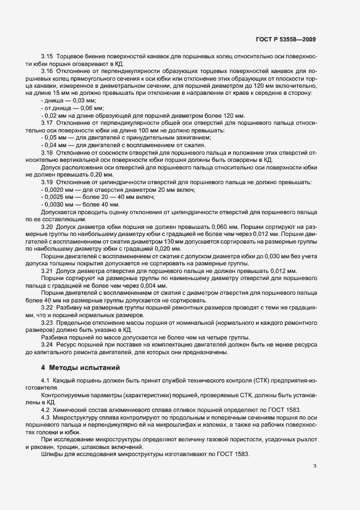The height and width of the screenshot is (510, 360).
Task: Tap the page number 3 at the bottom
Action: (315, 465)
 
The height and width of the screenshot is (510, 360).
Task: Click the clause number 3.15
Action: (48, 57)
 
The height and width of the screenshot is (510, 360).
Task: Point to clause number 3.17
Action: (48, 122)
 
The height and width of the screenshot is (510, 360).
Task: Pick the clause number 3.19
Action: (48, 181)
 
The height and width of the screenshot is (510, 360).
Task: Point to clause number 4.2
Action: (47, 410)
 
